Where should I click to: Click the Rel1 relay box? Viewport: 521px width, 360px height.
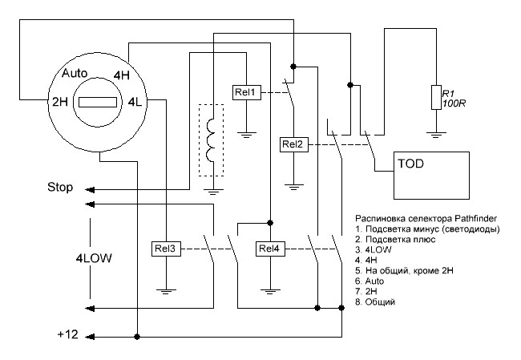coord(245,93)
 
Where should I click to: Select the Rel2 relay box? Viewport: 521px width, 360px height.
coord(293,144)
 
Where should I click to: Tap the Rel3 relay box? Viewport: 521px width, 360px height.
coord(165,249)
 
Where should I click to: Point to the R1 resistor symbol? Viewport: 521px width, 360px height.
coord(435,96)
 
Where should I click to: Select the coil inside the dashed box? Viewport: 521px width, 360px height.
coord(212,140)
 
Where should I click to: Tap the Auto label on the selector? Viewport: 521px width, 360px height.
coord(75,73)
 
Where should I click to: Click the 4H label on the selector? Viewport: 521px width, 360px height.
coord(122,75)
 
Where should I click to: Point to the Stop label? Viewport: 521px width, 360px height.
coord(60,189)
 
